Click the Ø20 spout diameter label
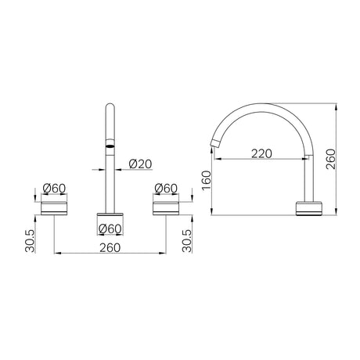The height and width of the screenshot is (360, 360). (x=140, y=164)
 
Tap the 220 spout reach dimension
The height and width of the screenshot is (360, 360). (x=261, y=153)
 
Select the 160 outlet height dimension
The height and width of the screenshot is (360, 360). (x=206, y=180)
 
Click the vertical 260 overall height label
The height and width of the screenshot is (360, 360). (x=331, y=159)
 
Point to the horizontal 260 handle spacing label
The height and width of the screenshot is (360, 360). (x=110, y=247)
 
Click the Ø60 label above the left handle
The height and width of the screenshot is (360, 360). (x=54, y=188)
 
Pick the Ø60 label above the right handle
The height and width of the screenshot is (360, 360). (x=166, y=188)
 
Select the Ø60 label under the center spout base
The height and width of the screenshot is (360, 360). (x=110, y=229)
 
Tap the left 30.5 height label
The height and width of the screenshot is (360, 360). (x=30, y=241)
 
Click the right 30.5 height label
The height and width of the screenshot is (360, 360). (x=187, y=241)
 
